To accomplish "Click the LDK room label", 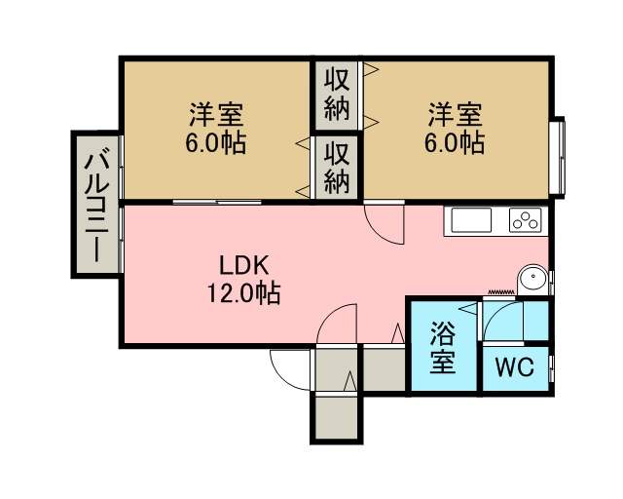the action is pyautogui.click(x=244, y=266).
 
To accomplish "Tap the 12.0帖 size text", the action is pyautogui.click(x=243, y=293).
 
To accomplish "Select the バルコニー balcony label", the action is pyautogui.click(x=96, y=205).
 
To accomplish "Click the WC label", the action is pyautogui.click(x=515, y=366).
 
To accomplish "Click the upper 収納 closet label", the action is pyautogui.click(x=337, y=95).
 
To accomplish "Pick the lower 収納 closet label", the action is pyautogui.click(x=337, y=168).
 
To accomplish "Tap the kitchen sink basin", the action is pyautogui.click(x=471, y=219).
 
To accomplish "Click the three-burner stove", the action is pyautogui.click(x=526, y=219).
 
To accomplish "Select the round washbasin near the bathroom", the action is pyautogui.click(x=532, y=279).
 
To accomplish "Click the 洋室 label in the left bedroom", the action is pyautogui.click(x=216, y=114).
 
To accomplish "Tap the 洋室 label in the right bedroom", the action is pyautogui.click(x=455, y=114).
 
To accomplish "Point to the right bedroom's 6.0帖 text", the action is pyautogui.click(x=455, y=142).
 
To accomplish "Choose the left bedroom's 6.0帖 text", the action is pyautogui.click(x=216, y=142).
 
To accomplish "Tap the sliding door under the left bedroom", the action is pyautogui.click(x=217, y=202).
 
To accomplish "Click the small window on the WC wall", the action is pyautogui.click(x=552, y=368).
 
